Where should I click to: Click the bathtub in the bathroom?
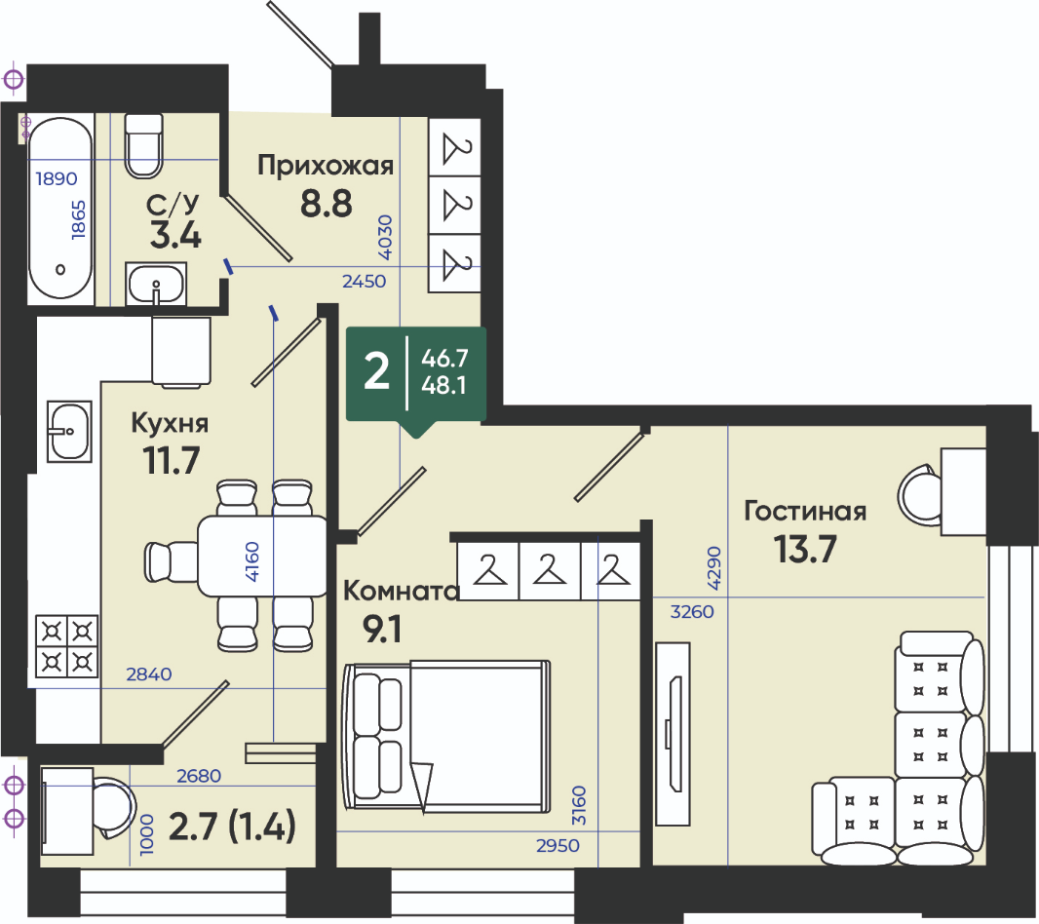pyautogui.click(x=59, y=211)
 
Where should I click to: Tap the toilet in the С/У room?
pyautogui.click(x=144, y=146)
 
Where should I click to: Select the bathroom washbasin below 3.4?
pyautogui.click(x=156, y=284)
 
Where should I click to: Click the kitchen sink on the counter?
pyautogui.click(x=69, y=432)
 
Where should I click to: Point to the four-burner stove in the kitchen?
pyautogui.click(x=67, y=646)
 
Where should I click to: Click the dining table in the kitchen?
pyautogui.click(x=262, y=557)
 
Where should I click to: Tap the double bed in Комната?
pyautogui.click(x=446, y=736)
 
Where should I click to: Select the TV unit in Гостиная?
pyautogui.click(x=673, y=734)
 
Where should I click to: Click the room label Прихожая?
pyautogui.click(x=326, y=165)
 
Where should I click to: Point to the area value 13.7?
pyautogui.click(x=805, y=550)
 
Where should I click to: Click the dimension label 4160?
pyautogui.click(x=252, y=562)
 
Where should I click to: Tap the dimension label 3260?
pyautogui.click(x=692, y=611)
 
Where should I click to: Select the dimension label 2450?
pyautogui.click(x=364, y=281)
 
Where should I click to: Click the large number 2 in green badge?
pyautogui.click(x=376, y=372)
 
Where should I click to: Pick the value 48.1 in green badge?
pyautogui.click(x=443, y=385)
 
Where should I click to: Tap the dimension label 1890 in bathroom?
pyautogui.click(x=57, y=178)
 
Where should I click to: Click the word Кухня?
pyautogui.click(x=170, y=423)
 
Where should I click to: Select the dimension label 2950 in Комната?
pyautogui.click(x=558, y=846)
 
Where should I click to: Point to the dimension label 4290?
pyautogui.click(x=713, y=568)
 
